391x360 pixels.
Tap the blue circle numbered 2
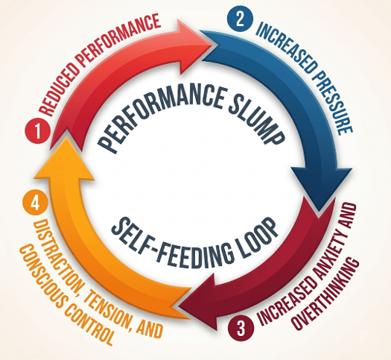click(x=240, y=19)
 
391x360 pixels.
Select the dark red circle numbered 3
click(x=241, y=328)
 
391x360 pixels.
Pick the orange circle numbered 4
click(x=35, y=203)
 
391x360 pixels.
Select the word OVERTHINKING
click(x=325, y=294)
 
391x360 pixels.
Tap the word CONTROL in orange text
click(x=88, y=323)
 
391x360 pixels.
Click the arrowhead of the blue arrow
click(x=322, y=189)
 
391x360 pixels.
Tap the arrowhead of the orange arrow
click(x=64, y=159)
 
